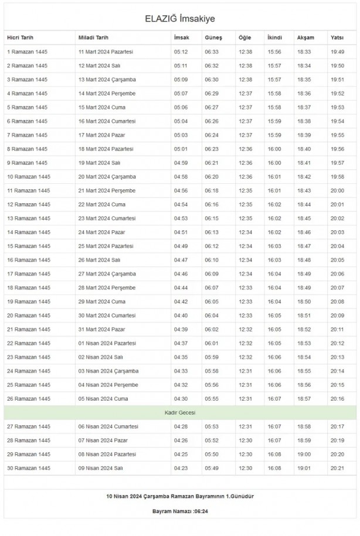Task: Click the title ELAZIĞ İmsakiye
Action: [180, 19]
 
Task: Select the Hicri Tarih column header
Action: [21, 38]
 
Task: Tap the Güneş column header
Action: [213, 38]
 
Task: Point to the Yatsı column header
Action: [337, 38]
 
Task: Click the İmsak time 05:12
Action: [181, 52]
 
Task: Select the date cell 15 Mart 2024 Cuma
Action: [102, 107]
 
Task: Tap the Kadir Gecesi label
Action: [180, 413]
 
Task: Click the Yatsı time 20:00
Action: [337, 190]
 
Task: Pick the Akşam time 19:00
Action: [304, 455]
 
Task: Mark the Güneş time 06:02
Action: [212, 329]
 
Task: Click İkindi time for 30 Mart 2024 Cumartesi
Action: [274, 315]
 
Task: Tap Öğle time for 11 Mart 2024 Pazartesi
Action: [246, 52]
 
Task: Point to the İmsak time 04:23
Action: [181, 468]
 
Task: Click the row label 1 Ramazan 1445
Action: [26, 52]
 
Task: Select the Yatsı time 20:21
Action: [337, 468]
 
